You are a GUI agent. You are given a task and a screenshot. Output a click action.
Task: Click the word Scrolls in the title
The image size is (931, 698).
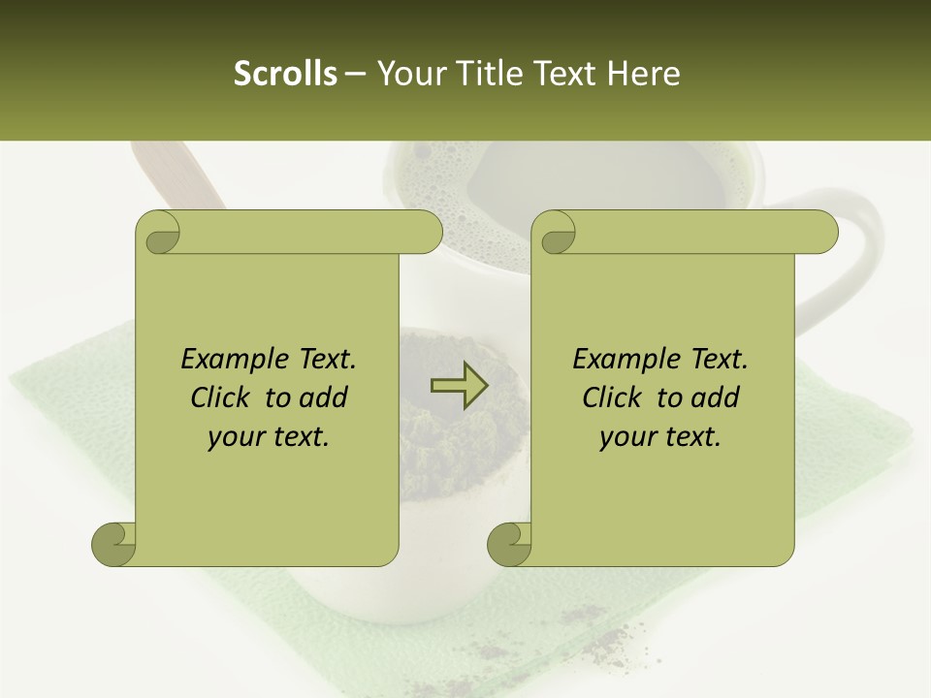pyautogui.click(x=286, y=74)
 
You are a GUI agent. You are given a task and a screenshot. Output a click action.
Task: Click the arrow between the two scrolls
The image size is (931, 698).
pyautogui.click(x=460, y=386)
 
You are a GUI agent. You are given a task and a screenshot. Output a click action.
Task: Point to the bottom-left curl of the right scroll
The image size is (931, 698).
pyautogui.click(x=509, y=544)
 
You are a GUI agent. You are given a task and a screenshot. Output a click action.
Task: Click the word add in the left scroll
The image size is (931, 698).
pyautogui.click(x=324, y=397)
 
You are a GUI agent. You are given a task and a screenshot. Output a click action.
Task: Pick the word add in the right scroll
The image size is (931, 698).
pyautogui.click(x=716, y=397)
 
